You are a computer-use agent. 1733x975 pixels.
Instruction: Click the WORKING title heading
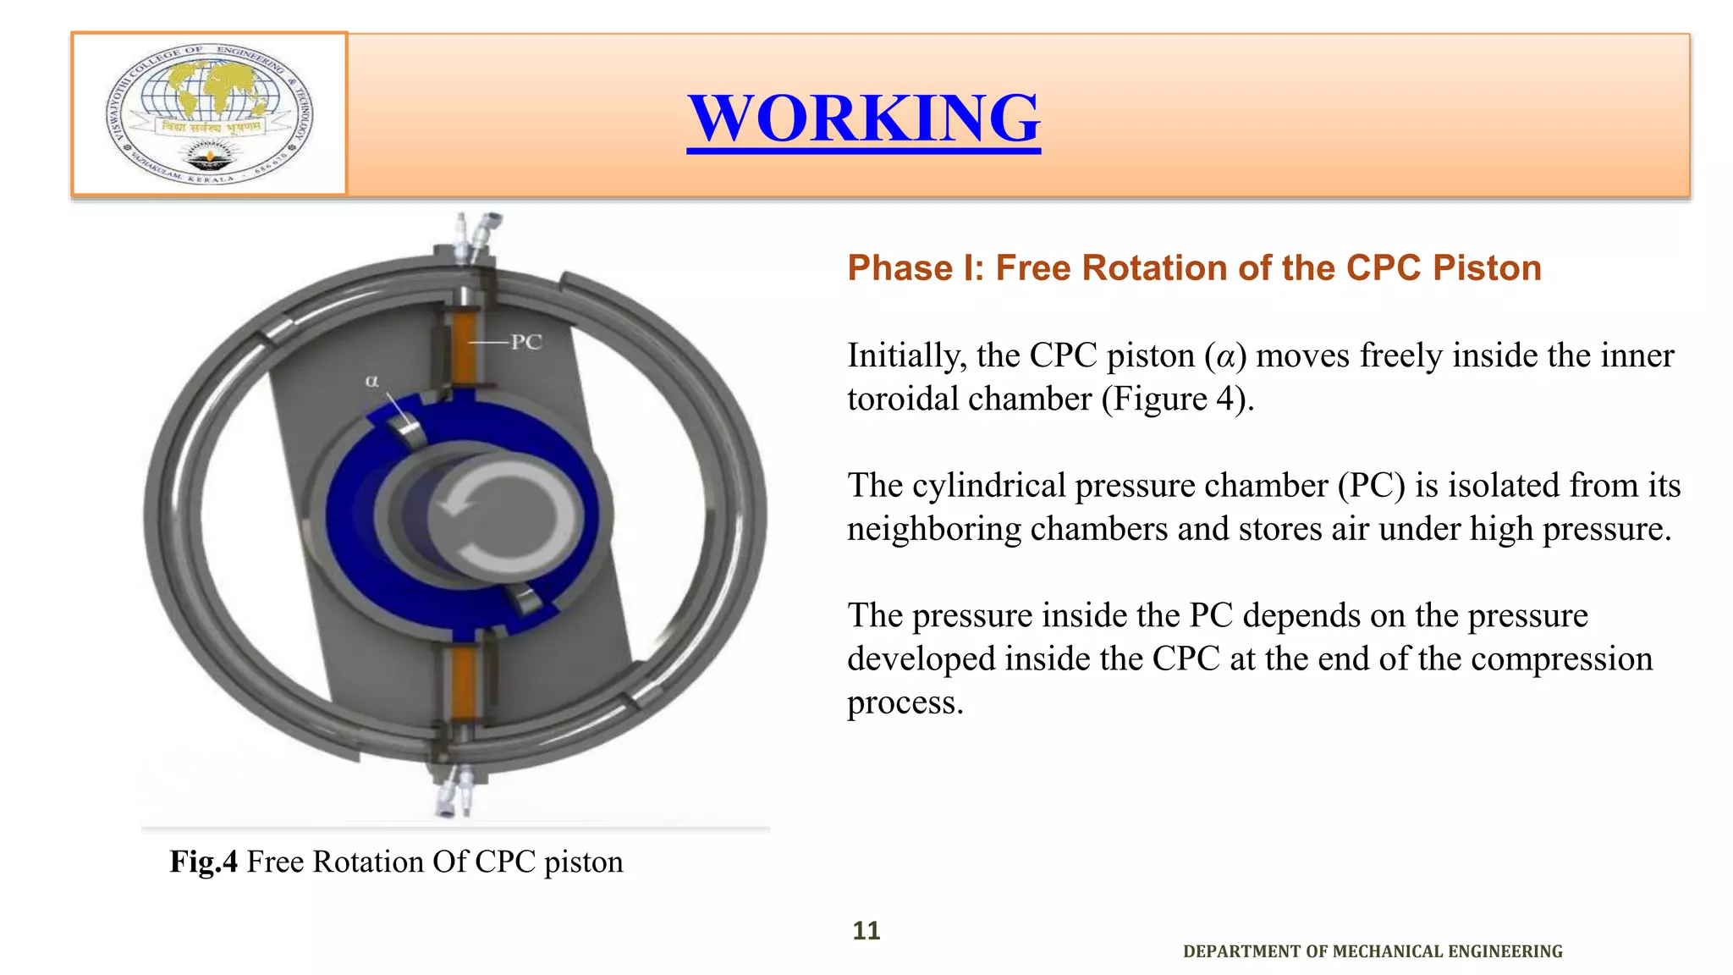(x=863, y=118)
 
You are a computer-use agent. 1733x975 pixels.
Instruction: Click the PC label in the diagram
(x=525, y=342)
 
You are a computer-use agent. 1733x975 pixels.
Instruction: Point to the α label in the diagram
(x=371, y=381)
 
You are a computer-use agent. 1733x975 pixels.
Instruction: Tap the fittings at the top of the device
(x=474, y=235)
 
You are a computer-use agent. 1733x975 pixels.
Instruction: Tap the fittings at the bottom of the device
(x=455, y=791)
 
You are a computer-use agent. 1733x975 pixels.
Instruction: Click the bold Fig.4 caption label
(x=204, y=862)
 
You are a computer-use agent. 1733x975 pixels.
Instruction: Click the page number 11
(x=866, y=931)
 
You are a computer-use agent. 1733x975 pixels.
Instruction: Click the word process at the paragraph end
(x=905, y=703)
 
